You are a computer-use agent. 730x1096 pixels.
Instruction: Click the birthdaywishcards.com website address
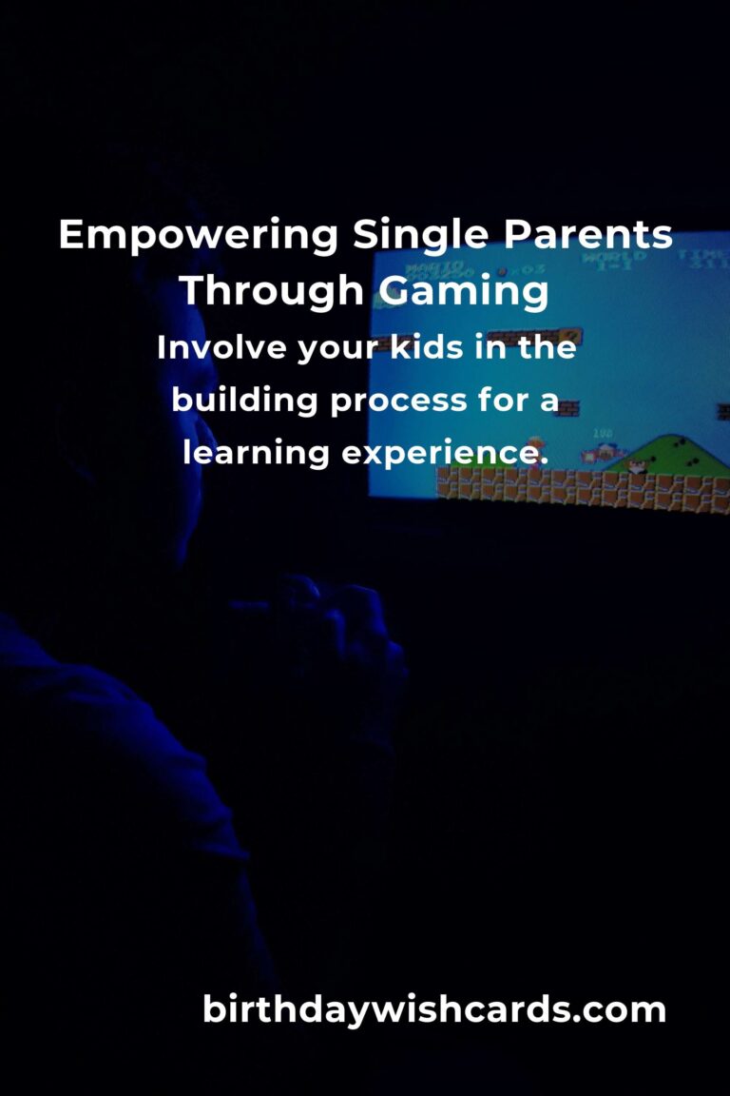[x=434, y=1009]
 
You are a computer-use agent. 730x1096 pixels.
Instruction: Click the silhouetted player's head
[x=124, y=400]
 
